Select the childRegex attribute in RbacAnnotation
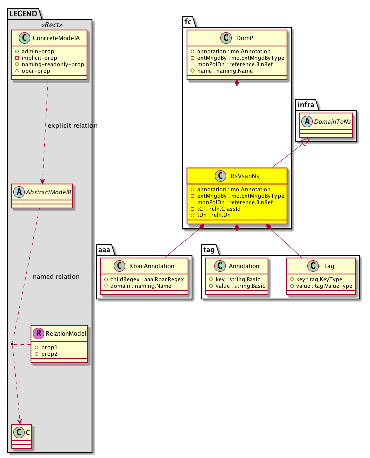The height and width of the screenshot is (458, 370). coord(144,279)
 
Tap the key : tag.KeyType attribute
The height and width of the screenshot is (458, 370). coord(320,279)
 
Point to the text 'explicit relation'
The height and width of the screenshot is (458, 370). coord(72,125)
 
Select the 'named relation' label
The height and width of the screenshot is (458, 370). coord(56,277)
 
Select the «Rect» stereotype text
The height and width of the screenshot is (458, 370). coord(48,25)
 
